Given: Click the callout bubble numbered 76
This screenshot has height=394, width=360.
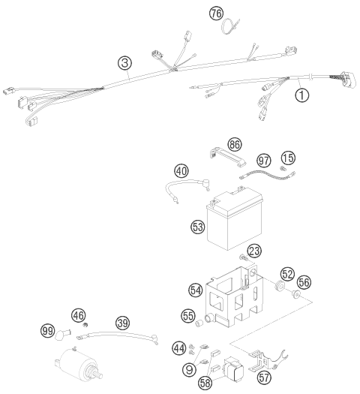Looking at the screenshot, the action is coord(217,13).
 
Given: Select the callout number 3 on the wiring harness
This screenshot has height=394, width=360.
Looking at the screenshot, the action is coord(124,63).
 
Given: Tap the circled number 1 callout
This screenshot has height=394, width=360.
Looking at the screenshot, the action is coord(302,95).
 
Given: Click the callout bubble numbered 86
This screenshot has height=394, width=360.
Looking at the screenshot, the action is coord(235,145).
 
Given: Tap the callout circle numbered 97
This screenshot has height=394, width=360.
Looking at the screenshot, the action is coord(264,161).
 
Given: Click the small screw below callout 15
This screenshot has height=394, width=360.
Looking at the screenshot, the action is coord(283,168).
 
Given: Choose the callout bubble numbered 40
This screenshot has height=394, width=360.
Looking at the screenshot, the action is coord(181,171).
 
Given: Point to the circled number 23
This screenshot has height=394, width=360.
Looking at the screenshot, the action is coord(254,251).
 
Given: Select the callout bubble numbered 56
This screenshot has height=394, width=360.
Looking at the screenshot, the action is coord(304,282).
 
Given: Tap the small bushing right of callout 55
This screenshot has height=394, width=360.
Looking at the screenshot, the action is coord(199,323).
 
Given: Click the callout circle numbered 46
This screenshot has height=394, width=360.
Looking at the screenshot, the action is coord(78,315).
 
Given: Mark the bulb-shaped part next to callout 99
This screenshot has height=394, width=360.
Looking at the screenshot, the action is coord(62,335).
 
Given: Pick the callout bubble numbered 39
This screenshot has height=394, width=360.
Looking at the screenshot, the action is coord(123,323).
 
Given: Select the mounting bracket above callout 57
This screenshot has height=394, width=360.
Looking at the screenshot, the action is coord(266,359).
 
